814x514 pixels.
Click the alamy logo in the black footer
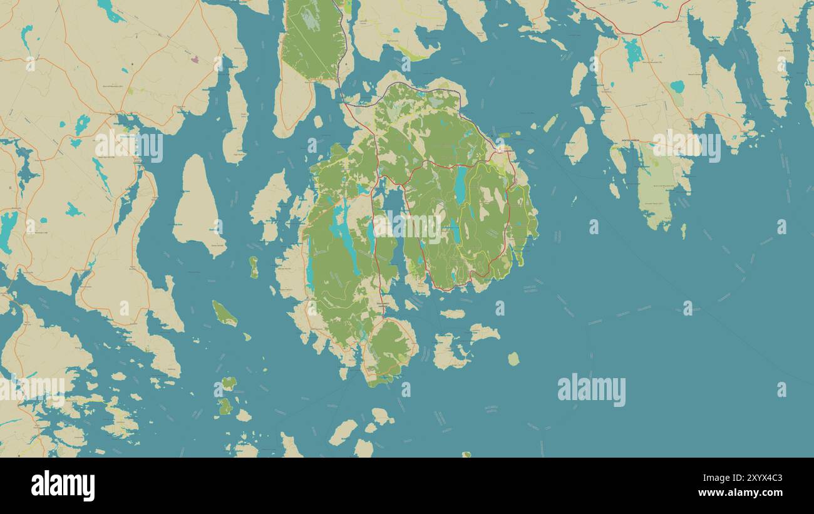click(x=63, y=486)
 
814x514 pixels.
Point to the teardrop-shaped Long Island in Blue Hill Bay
click(x=197, y=207)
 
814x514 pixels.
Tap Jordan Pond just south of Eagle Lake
click(x=455, y=230)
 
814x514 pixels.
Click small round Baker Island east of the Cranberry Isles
click(x=513, y=359)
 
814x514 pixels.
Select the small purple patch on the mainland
click(x=195, y=59)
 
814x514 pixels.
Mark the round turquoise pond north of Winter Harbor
click(x=677, y=86)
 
